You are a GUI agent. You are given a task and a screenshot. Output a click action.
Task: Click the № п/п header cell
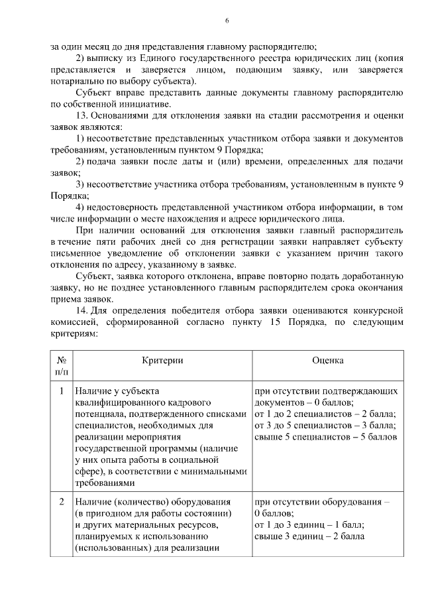61,365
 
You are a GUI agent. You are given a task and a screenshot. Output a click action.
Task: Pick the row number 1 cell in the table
61,391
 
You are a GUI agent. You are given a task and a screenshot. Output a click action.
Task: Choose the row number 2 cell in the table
61,501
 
